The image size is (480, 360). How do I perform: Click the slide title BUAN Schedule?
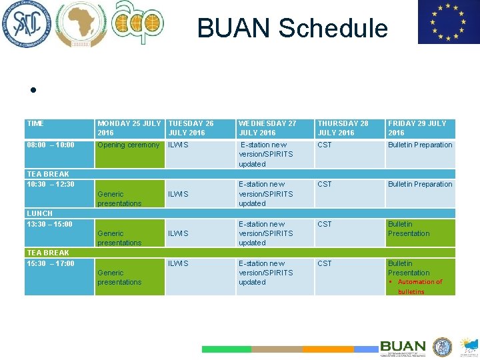point(292,29)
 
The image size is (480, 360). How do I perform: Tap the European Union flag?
point(447,22)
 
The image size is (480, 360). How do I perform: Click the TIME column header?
point(35,124)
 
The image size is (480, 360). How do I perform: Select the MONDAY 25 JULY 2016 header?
point(129,128)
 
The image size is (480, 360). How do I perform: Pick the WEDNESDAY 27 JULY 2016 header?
point(267,128)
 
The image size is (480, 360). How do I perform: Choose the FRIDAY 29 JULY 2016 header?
point(417,128)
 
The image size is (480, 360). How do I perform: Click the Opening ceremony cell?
point(129,145)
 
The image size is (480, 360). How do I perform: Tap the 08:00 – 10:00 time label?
point(51,145)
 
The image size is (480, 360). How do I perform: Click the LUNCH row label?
point(39,213)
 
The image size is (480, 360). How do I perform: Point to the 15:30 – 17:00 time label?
point(51,263)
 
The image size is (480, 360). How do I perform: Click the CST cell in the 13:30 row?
point(325,225)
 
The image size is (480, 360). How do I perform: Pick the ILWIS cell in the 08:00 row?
point(178,145)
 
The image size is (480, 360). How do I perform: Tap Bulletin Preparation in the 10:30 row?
point(420,185)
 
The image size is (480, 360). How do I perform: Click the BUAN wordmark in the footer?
point(403,347)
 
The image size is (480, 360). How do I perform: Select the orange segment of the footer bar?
point(328,349)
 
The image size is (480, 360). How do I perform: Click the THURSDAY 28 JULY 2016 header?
point(343,128)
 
